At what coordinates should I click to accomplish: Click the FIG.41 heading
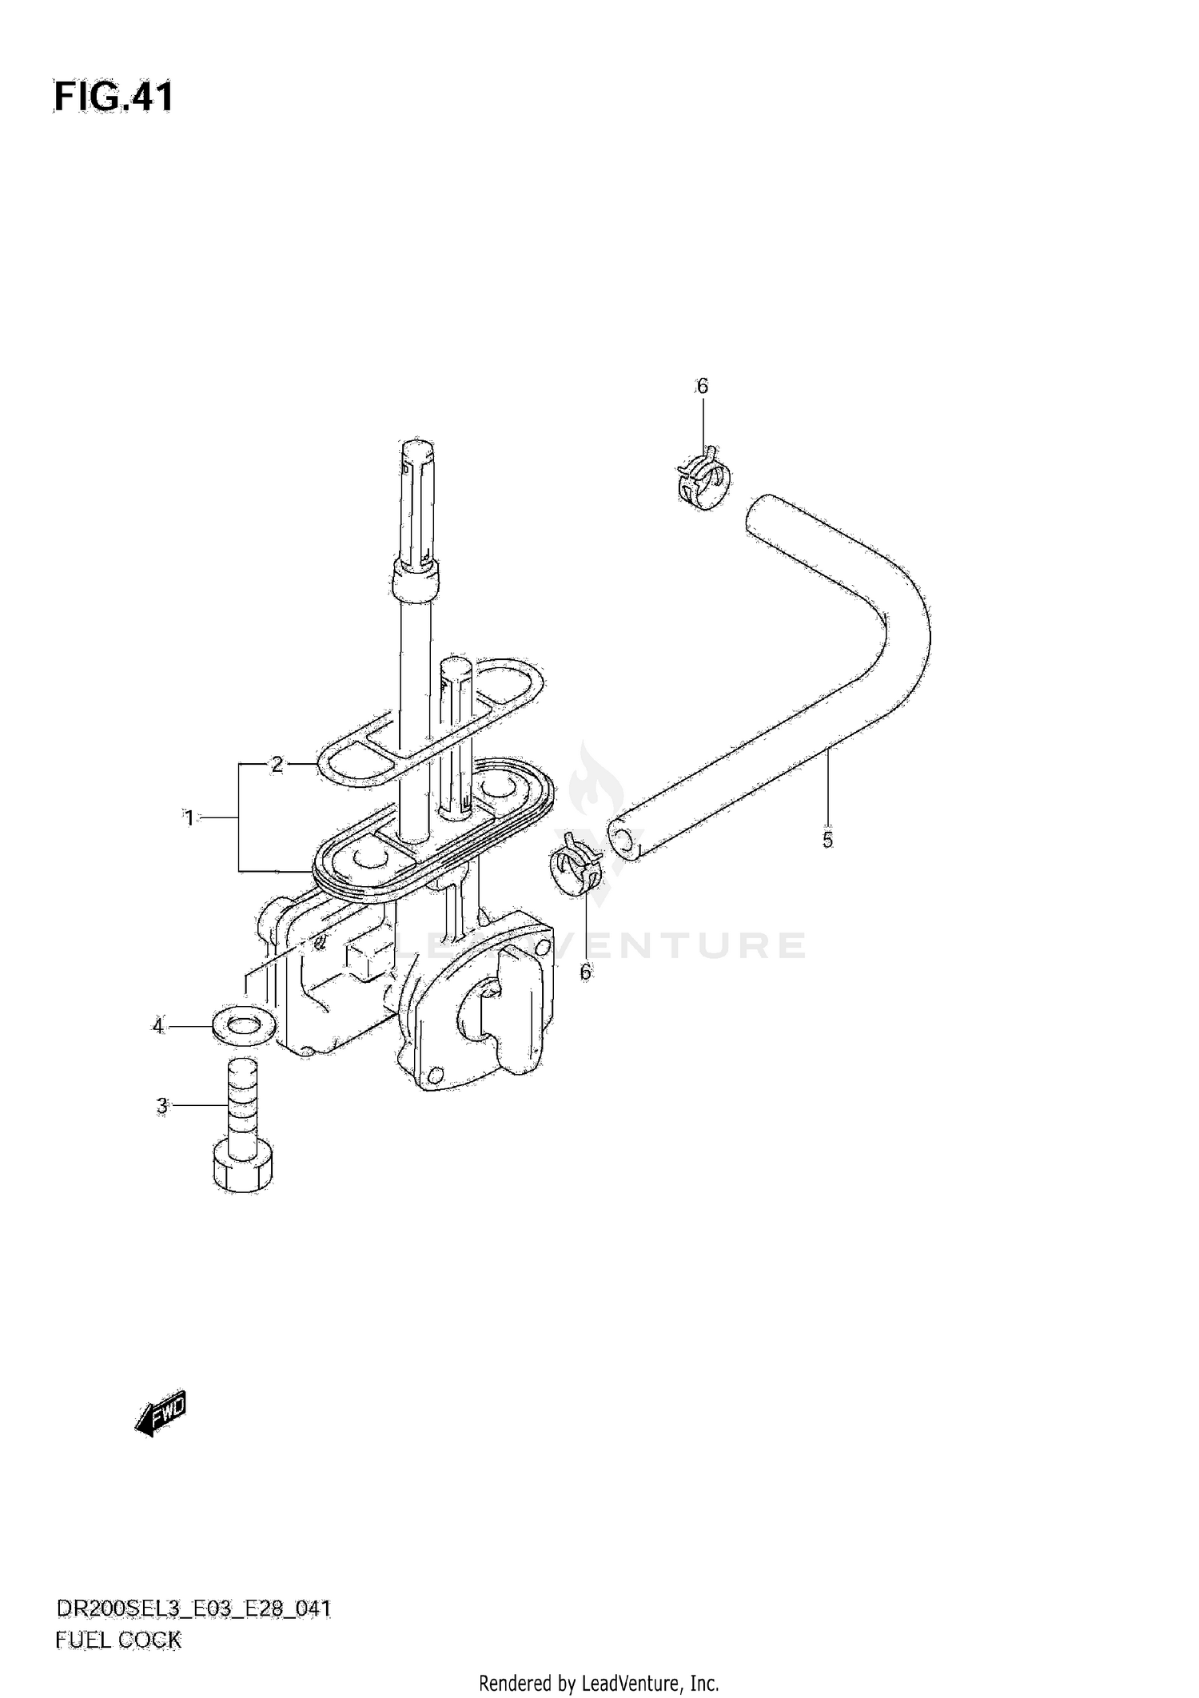tap(113, 97)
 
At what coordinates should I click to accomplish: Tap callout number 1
tap(189, 818)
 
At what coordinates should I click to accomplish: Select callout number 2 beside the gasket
tap(277, 765)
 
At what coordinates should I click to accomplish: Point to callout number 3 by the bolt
tap(162, 1106)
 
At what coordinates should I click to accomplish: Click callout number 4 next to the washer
tap(158, 1025)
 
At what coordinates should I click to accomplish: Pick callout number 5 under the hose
tap(827, 840)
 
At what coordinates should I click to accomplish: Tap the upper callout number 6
tap(702, 387)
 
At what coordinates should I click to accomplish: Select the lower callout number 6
tap(585, 972)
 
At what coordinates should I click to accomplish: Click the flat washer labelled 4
tap(244, 1025)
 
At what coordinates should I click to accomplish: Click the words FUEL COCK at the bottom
tap(118, 1640)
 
